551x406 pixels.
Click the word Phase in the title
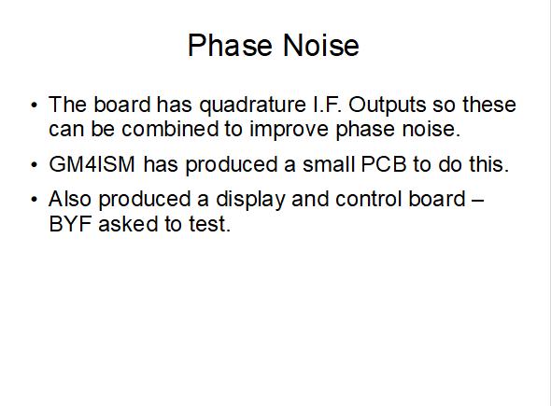pyautogui.click(x=230, y=45)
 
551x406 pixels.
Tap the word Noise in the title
pyautogui.click(x=321, y=45)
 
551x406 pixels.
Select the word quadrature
pyautogui.click(x=253, y=106)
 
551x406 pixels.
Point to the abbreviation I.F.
pyautogui.click(x=327, y=105)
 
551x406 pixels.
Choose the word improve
pyautogui.click(x=289, y=131)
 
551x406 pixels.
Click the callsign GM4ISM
pyautogui.click(x=92, y=164)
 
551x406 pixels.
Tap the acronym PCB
pyautogui.click(x=384, y=164)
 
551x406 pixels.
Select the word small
pyautogui.click(x=329, y=164)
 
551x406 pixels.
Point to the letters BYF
pyautogui.click(x=70, y=224)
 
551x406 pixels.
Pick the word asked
pyautogui.click(x=128, y=223)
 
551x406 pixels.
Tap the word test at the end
pyautogui.click(x=206, y=224)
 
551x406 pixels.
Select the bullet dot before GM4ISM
pyautogui.click(x=34, y=164)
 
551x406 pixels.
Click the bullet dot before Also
pyautogui.click(x=34, y=200)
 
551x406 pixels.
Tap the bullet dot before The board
pyautogui.click(x=34, y=105)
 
